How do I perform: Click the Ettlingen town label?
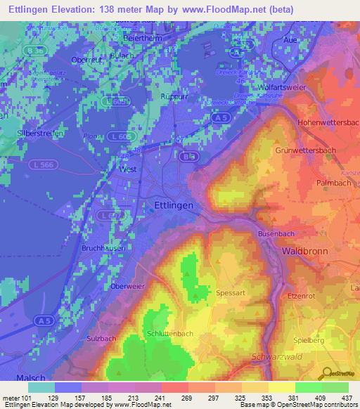[x=173, y=204]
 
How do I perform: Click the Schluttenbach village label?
[x=169, y=333]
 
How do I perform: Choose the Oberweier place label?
[x=129, y=286]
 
